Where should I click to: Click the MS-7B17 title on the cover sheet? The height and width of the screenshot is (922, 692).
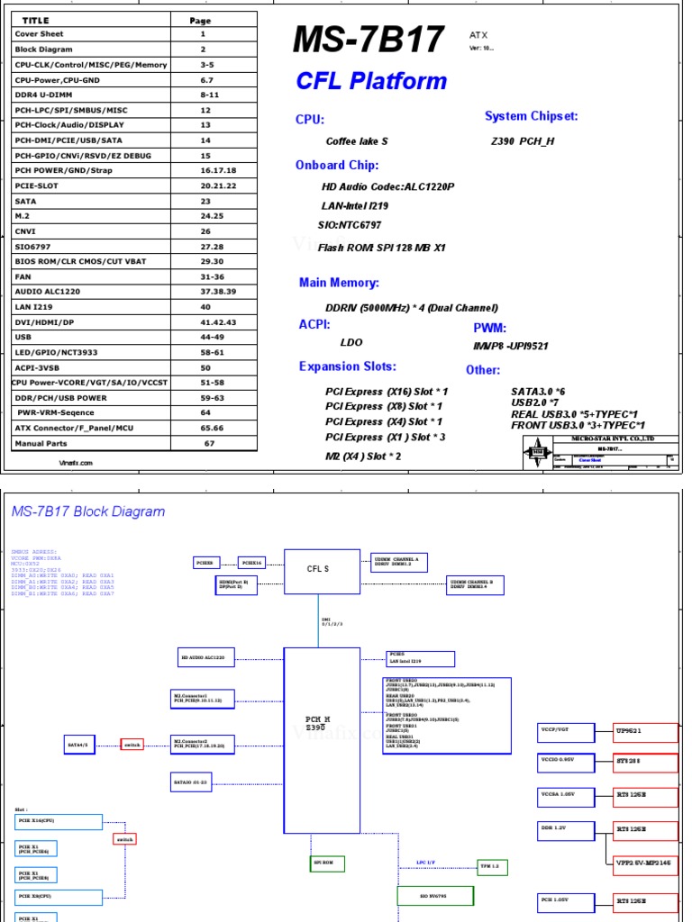click(369, 41)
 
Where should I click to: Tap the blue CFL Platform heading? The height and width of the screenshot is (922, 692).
click(371, 81)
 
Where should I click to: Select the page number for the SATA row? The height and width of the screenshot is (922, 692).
click(205, 201)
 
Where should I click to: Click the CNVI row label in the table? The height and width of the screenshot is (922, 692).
click(24, 231)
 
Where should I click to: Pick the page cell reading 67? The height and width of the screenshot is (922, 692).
click(209, 443)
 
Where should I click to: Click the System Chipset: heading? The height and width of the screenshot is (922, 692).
click(531, 116)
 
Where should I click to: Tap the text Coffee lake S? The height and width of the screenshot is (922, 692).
click(357, 141)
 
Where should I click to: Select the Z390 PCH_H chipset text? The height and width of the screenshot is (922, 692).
click(523, 141)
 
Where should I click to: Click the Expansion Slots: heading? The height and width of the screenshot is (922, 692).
click(347, 366)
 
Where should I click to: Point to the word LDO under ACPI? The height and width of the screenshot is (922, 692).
click(351, 342)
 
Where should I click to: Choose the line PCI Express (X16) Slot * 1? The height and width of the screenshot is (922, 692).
click(386, 392)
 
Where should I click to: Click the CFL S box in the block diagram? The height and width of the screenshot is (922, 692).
click(321, 569)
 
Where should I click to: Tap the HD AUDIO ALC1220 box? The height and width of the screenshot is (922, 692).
click(207, 659)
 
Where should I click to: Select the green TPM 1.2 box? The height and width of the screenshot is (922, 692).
click(493, 866)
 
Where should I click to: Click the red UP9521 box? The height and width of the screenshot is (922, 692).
click(645, 733)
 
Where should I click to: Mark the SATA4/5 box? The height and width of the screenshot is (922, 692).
click(80, 745)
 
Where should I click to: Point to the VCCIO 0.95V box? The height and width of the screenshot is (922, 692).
click(566, 761)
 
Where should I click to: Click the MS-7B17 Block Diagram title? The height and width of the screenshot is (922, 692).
click(88, 511)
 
